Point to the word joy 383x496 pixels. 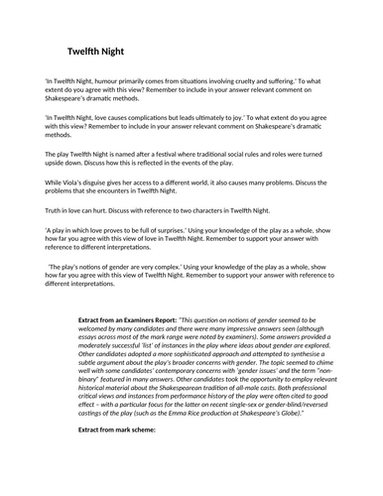(x=279, y=117)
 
